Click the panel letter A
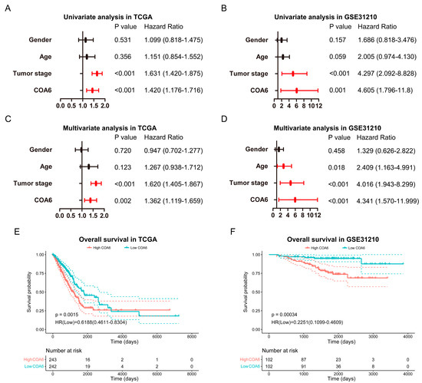[x=6, y=6]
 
